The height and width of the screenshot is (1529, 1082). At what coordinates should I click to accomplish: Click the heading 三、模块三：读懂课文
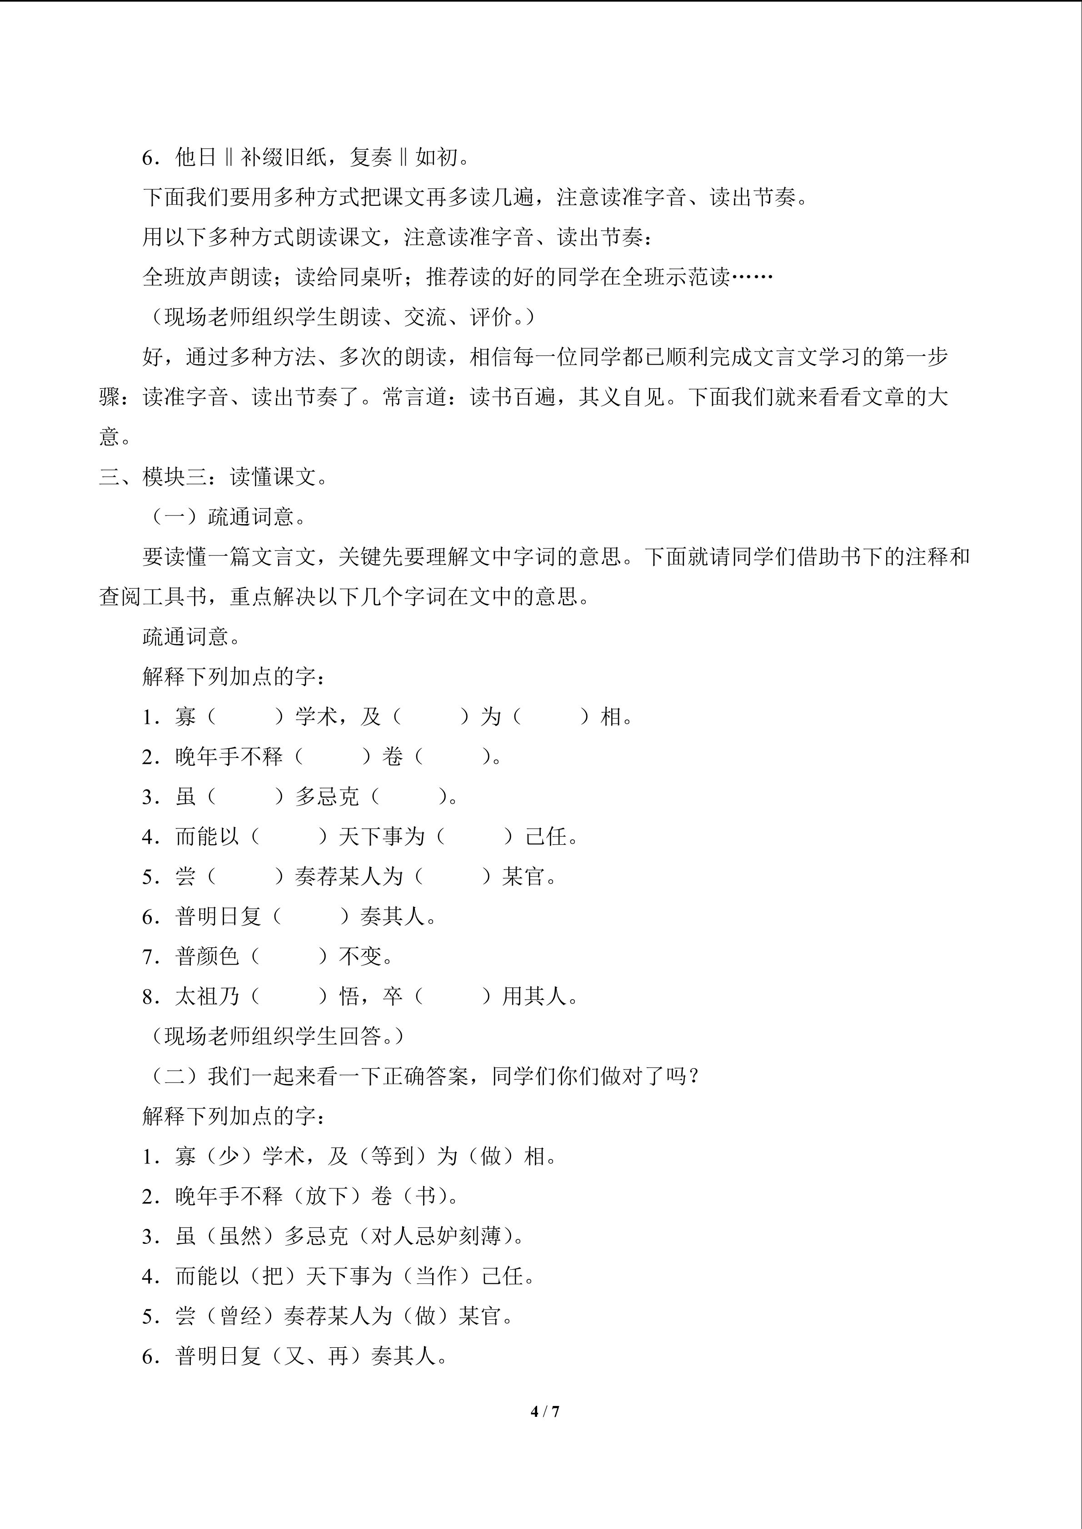click(x=213, y=477)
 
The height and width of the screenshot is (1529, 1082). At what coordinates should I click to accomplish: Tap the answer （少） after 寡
click(x=229, y=1156)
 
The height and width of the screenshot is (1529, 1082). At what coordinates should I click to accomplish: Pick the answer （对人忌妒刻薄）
click(x=436, y=1236)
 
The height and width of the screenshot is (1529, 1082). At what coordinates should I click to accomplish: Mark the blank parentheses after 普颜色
click(x=289, y=956)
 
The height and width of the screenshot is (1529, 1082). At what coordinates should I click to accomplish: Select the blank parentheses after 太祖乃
click(x=289, y=996)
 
